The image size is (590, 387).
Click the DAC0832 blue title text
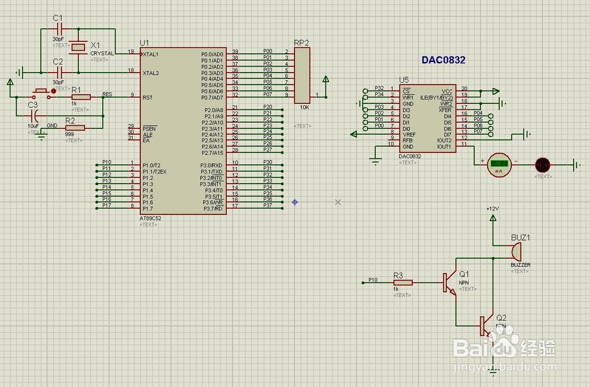443,60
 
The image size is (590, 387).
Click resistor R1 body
80,97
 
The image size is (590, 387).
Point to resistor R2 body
75,128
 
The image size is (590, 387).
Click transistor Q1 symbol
450,282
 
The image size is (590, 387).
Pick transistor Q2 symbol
486,326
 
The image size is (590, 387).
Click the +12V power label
493,209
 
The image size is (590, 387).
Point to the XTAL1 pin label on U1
151,54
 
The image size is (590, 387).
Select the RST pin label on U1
147,97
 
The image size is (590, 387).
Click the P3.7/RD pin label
212,209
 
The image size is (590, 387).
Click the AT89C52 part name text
150,218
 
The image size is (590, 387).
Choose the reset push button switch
41,92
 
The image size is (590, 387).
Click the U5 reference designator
404,80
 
